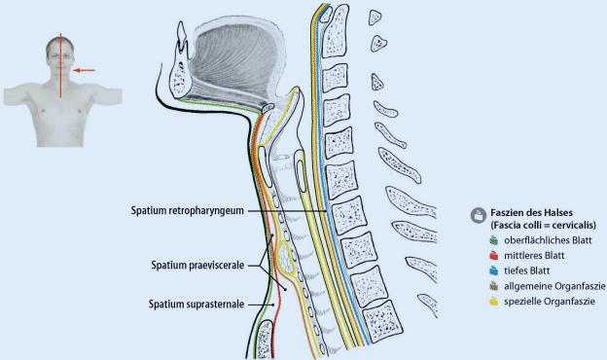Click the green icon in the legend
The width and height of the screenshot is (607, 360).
coord(494,239)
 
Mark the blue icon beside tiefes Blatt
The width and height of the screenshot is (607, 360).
coord(494,270)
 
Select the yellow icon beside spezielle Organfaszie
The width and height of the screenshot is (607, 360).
coord(494,302)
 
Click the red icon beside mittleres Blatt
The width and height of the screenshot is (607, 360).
coord(494,255)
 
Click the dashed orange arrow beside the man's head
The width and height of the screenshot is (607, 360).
coord(87,70)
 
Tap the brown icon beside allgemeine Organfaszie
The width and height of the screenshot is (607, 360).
coord(494,286)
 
